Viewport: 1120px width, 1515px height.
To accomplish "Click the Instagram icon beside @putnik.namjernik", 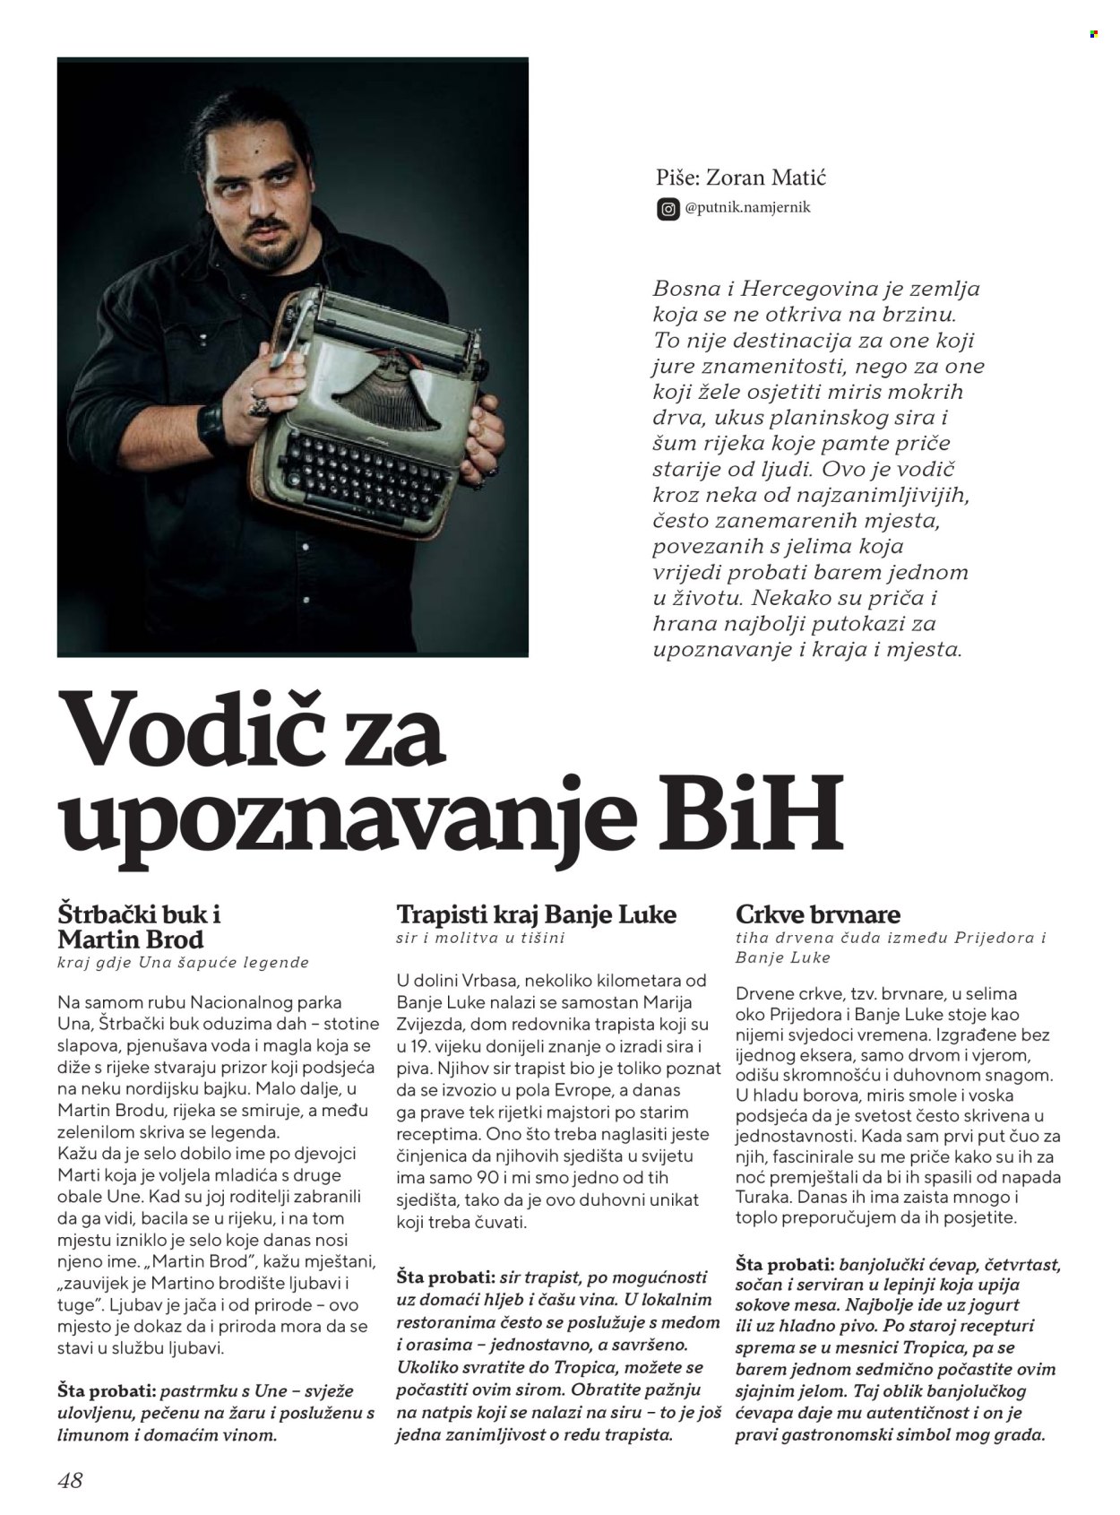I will click(x=668, y=209).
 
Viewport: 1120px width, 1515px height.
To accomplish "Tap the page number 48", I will click(x=70, y=1479).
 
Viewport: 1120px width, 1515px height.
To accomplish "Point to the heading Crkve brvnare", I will click(x=817, y=914).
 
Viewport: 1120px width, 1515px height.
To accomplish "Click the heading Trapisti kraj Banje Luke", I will click(x=536, y=914).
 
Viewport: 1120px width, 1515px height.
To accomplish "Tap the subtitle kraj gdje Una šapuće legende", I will click(x=183, y=962).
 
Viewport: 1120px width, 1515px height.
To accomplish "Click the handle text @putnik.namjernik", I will click(x=748, y=208).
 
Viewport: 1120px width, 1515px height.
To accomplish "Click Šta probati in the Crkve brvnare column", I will click(x=781, y=1265).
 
